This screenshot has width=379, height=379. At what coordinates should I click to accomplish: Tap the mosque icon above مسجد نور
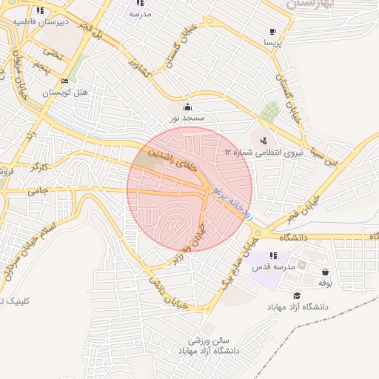[x=187, y=107]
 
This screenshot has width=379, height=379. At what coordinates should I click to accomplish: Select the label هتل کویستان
[x=64, y=93]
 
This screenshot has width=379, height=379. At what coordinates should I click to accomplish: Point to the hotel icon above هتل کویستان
[x=64, y=81]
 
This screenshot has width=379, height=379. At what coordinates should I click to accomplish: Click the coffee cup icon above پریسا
[x=273, y=32]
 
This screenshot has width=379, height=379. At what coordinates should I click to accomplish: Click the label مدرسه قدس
[x=275, y=266]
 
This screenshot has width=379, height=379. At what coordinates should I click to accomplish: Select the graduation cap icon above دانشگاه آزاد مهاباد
[x=297, y=295]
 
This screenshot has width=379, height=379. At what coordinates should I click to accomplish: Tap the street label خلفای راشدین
[x=175, y=159]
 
